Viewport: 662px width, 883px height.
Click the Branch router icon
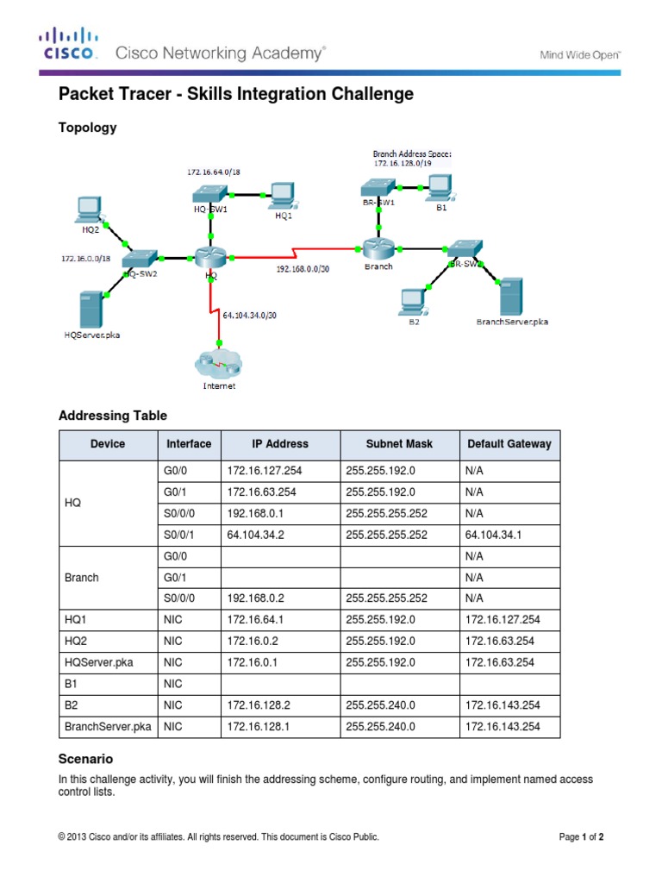click(378, 248)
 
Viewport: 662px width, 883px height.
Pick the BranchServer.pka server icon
click(513, 296)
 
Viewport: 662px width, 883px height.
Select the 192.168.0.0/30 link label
click(303, 269)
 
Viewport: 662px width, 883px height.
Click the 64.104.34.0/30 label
click(250, 316)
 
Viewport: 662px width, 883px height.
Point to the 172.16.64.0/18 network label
click(214, 172)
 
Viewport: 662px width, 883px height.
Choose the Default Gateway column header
click(509, 444)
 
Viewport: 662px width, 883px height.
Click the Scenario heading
click(85, 760)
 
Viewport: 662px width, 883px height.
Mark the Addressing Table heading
click(112, 416)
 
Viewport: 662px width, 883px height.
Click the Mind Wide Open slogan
click(580, 54)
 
